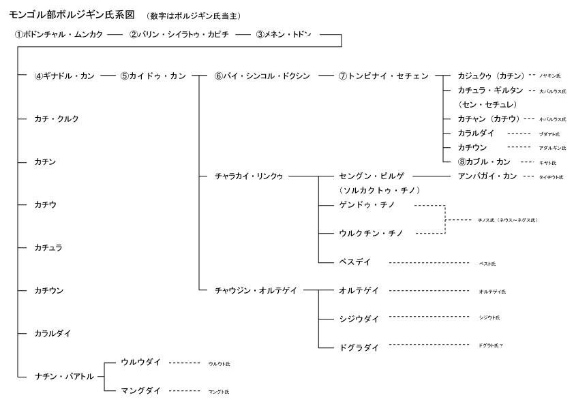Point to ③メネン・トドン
(x=284, y=34)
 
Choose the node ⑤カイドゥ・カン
(x=153, y=76)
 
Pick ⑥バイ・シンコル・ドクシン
(x=262, y=76)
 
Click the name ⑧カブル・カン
(x=485, y=162)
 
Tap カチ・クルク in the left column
(x=57, y=119)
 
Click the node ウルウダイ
(x=140, y=362)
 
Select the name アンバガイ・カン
(x=487, y=176)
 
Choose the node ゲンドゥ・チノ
(x=372, y=205)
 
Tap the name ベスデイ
(x=354, y=262)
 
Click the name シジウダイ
(x=359, y=318)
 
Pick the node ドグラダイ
(x=359, y=347)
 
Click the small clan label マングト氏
(x=219, y=392)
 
